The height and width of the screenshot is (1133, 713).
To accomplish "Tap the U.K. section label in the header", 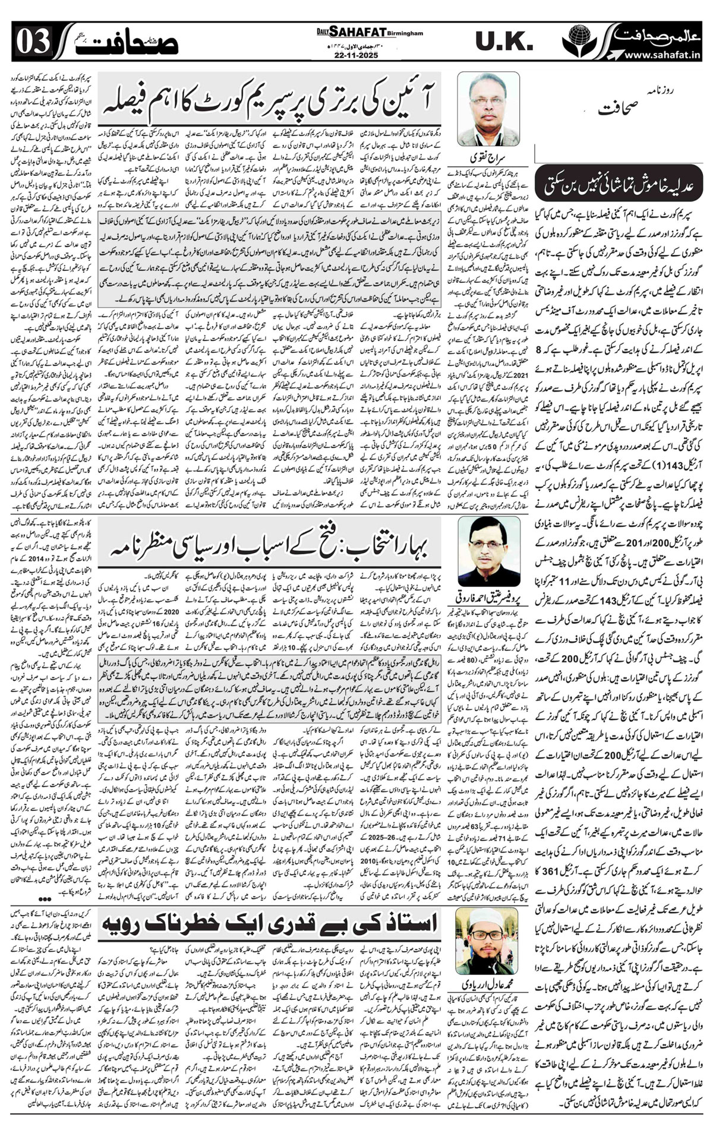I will tap(504, 42).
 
